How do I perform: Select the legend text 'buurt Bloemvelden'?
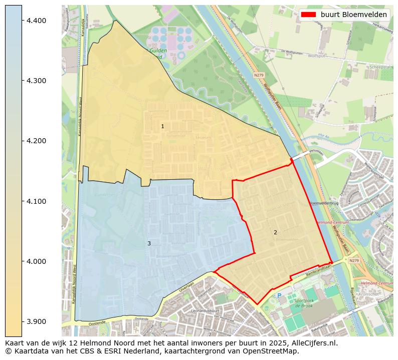[354, 14]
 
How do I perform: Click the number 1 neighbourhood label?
[162, 126]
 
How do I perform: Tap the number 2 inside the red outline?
[275, 232]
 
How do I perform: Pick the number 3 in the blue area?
[149, 243]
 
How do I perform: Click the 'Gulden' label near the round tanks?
[157, 51]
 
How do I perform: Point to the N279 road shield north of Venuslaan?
[258, 75]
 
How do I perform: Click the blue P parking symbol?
[280, 295]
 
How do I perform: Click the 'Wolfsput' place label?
[316, 56]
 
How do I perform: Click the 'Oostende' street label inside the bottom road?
[98, 323]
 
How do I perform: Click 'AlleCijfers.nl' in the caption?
[314, 343]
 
